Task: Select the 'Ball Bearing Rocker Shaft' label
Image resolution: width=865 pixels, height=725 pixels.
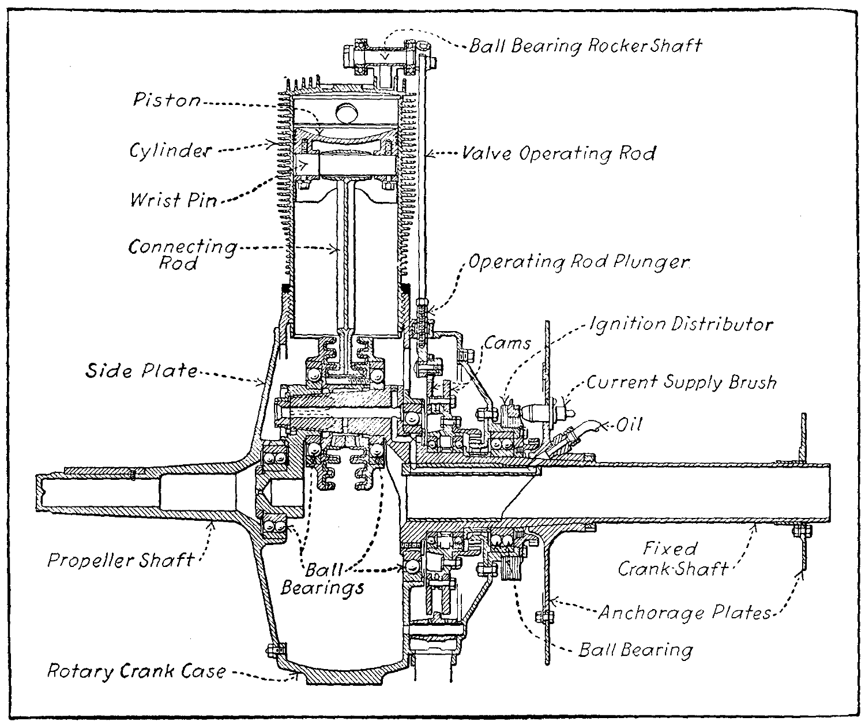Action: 585,46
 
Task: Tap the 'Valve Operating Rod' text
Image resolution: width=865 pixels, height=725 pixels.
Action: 559,154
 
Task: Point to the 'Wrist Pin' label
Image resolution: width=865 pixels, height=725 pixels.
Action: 173,200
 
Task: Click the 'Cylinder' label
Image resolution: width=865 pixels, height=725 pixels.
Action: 170,151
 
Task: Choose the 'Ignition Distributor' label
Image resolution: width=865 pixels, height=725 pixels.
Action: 680,324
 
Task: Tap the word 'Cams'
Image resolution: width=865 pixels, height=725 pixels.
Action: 507,343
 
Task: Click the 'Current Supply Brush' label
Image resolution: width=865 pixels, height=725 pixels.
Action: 682,382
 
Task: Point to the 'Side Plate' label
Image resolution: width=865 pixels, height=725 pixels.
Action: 141,370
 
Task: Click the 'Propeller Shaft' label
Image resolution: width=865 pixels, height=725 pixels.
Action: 121,559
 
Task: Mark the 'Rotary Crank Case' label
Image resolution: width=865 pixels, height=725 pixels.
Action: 136,671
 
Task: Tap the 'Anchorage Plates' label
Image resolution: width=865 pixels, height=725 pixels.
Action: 684,612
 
